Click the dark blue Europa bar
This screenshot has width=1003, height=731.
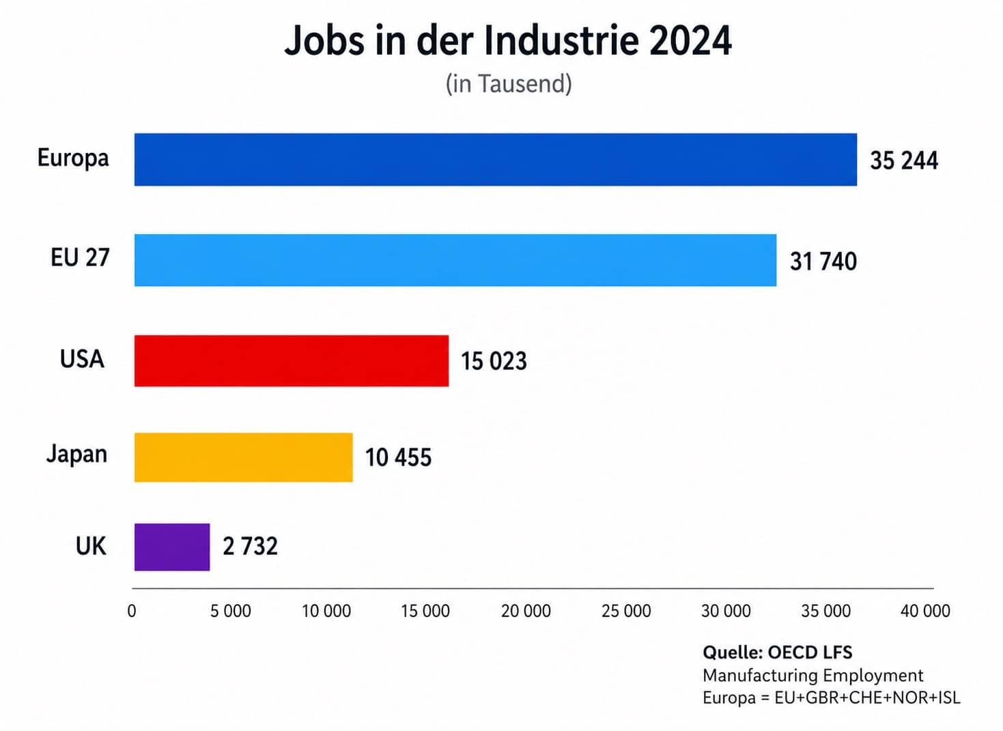click(x=495, y=159)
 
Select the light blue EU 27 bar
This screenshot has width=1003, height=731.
click(x=455, y=260)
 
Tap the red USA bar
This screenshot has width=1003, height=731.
click(x=291, y=360)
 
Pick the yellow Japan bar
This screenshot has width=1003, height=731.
click(x=243, y=457)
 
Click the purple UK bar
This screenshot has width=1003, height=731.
click(x=172, y=547)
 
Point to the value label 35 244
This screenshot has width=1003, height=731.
click(x=903, y=160)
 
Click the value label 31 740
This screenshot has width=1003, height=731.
click(x=823, y=261)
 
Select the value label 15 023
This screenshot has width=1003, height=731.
click(x=494, y=361)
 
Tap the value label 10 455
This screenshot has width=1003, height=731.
click(x=398, y=457)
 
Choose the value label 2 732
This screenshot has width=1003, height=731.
click(x=250, y=546)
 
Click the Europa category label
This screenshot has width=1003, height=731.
click(x=73, y=158)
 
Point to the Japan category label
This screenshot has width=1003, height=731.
click(x=76, y=454)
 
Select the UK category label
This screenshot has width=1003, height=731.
click(x=91, y=546)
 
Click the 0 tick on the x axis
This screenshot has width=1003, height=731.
click(x=132, y=611)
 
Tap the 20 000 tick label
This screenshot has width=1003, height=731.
click(x=526, y=611)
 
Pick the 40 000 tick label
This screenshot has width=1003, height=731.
click(x=925, y=611)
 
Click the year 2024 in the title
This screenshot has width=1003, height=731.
click(x=690, y=40)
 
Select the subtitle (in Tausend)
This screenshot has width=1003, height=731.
click(x=509, y=83)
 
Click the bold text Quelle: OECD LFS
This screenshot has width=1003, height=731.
click(x=777, y=653)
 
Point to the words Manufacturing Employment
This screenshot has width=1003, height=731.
click(x=813, y=675)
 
